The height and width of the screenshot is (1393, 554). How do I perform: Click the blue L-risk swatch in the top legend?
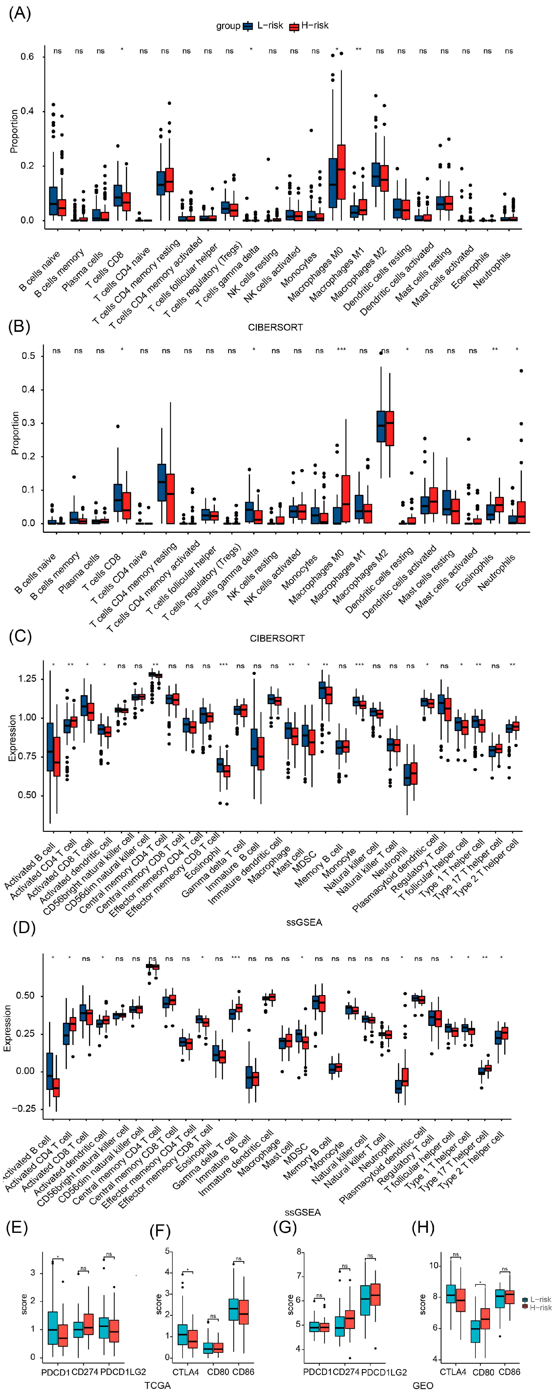(x=249, y=26)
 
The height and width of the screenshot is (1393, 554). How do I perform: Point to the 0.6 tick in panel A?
(x=27, y=57)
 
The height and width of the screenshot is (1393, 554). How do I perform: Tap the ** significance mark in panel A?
(x=358, y=50)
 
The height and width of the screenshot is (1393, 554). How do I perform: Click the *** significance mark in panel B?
(x=341, y=350)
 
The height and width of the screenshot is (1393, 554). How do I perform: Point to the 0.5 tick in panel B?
(x=28, y=356)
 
